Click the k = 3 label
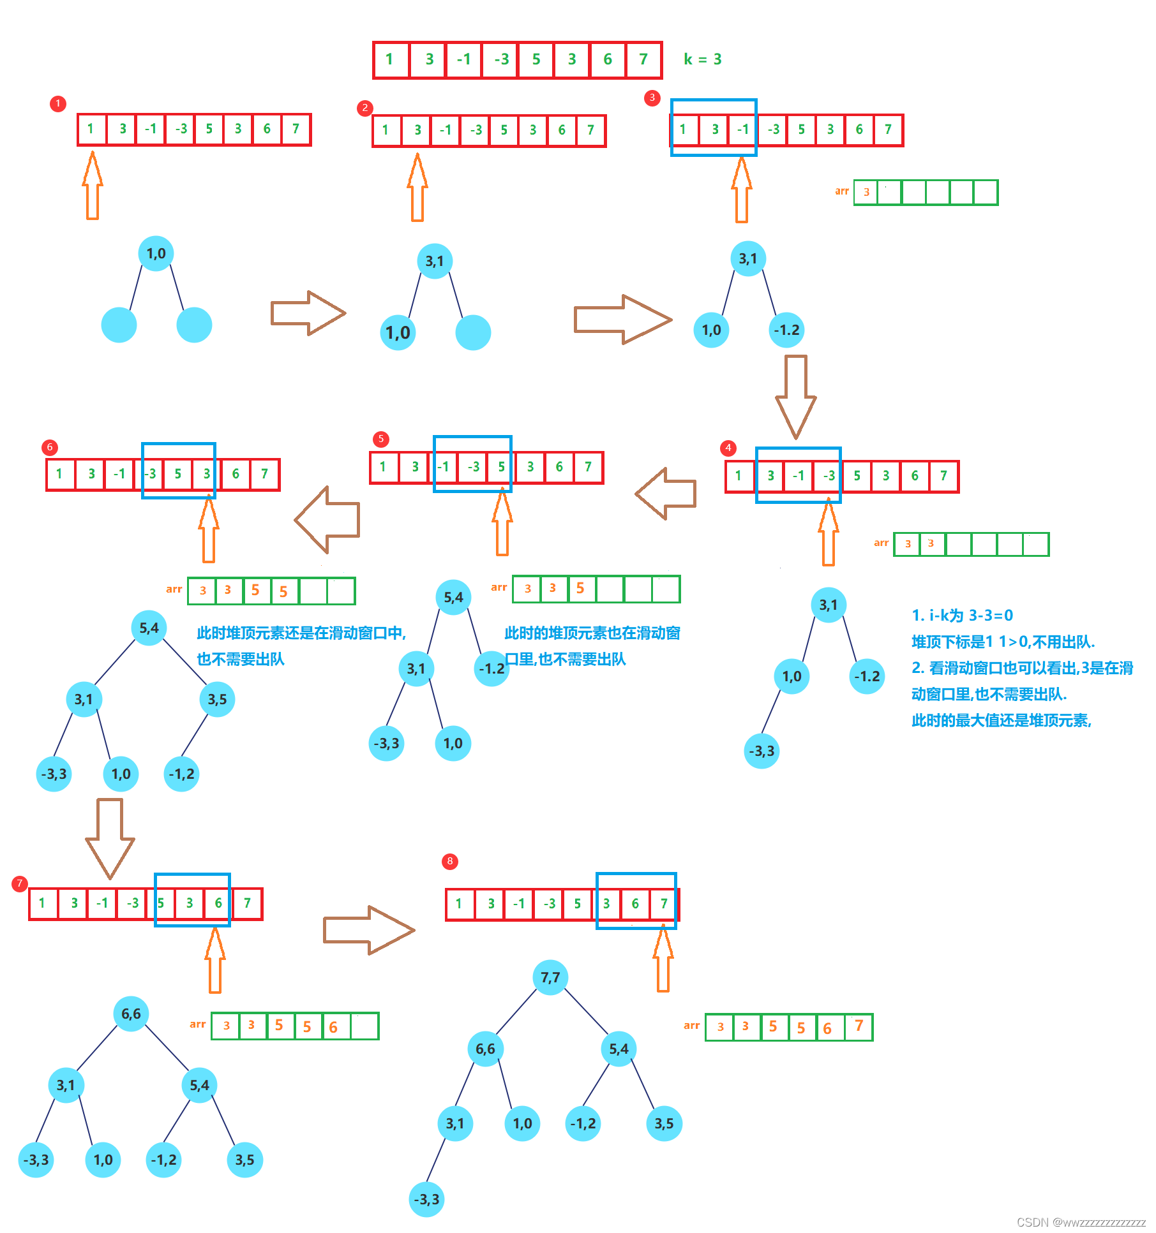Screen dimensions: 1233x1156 point(702,59)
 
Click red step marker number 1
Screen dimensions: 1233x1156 point(58,103)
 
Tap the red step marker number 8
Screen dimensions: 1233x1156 point(449,861)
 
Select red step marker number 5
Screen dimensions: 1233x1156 point(380,439)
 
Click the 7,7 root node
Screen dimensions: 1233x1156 point(550,977)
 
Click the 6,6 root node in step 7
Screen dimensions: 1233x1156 point(131,1014)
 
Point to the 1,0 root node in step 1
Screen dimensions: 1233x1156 point(156,253)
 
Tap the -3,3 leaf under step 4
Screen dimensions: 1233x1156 point(762,751)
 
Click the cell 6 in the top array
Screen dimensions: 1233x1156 point(608,59)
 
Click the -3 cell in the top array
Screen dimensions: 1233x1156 point(501,59)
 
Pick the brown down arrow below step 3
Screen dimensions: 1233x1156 point(795,395)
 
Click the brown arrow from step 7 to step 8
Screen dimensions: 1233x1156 point(368,929)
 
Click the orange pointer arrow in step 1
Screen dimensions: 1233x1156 point(93,185)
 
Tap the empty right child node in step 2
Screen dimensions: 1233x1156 point(473,332)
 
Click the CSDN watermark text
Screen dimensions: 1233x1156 point(1080,1222)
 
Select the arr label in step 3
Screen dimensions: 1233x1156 point(841,191)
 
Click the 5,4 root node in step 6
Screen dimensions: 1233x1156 point(149,628)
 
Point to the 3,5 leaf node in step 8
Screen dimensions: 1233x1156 point(664,1123)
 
